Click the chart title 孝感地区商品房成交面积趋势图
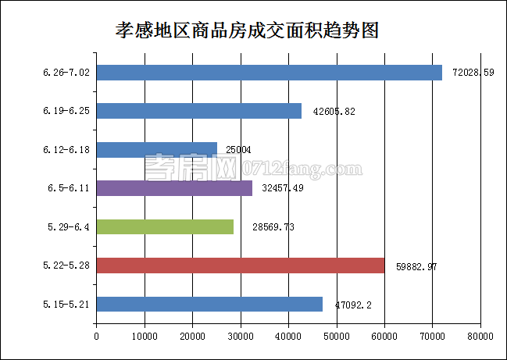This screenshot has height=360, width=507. tap(247, 31)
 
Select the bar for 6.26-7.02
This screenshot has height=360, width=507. tap(269, 73)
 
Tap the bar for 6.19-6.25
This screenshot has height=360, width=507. tap(198, 111)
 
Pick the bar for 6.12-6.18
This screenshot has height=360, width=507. tap(156, 149)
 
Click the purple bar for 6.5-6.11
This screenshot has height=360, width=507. tap(174, 188)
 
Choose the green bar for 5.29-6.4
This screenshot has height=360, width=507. tap(165, 226)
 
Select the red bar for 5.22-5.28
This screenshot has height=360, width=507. tap(240, 266)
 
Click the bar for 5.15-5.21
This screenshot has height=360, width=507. tap(209, 304)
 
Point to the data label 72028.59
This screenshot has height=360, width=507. tap(473, 73)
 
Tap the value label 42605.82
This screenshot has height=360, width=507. tap(334, 111)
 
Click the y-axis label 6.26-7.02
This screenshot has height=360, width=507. tap(66, 73)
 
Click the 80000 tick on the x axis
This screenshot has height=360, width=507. tap(480, 337)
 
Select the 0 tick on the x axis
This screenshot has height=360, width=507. tap(96, 337)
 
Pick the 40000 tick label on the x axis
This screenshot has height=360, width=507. tap(288, 337)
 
